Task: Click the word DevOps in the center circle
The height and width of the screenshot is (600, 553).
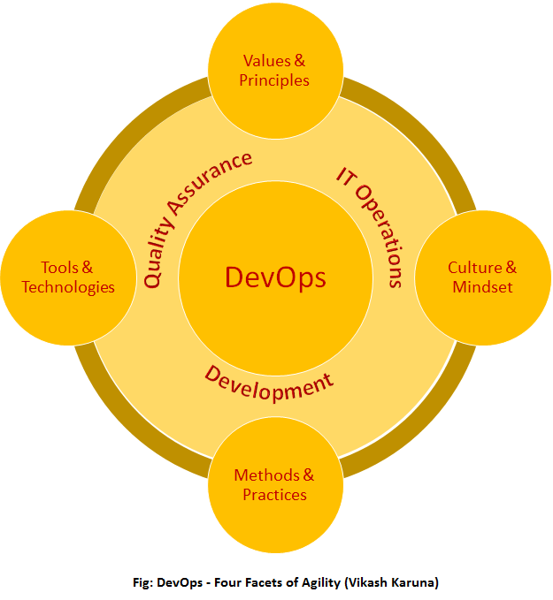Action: click(275, 277)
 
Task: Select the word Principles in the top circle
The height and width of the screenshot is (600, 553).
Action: click(274, 80)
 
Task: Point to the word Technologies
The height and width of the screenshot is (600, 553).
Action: click(68, 286)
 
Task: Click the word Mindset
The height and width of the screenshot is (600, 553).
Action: click(482, 286)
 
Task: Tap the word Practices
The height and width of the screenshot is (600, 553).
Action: click(274, 494)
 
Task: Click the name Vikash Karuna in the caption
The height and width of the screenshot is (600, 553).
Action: click(393, 581)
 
